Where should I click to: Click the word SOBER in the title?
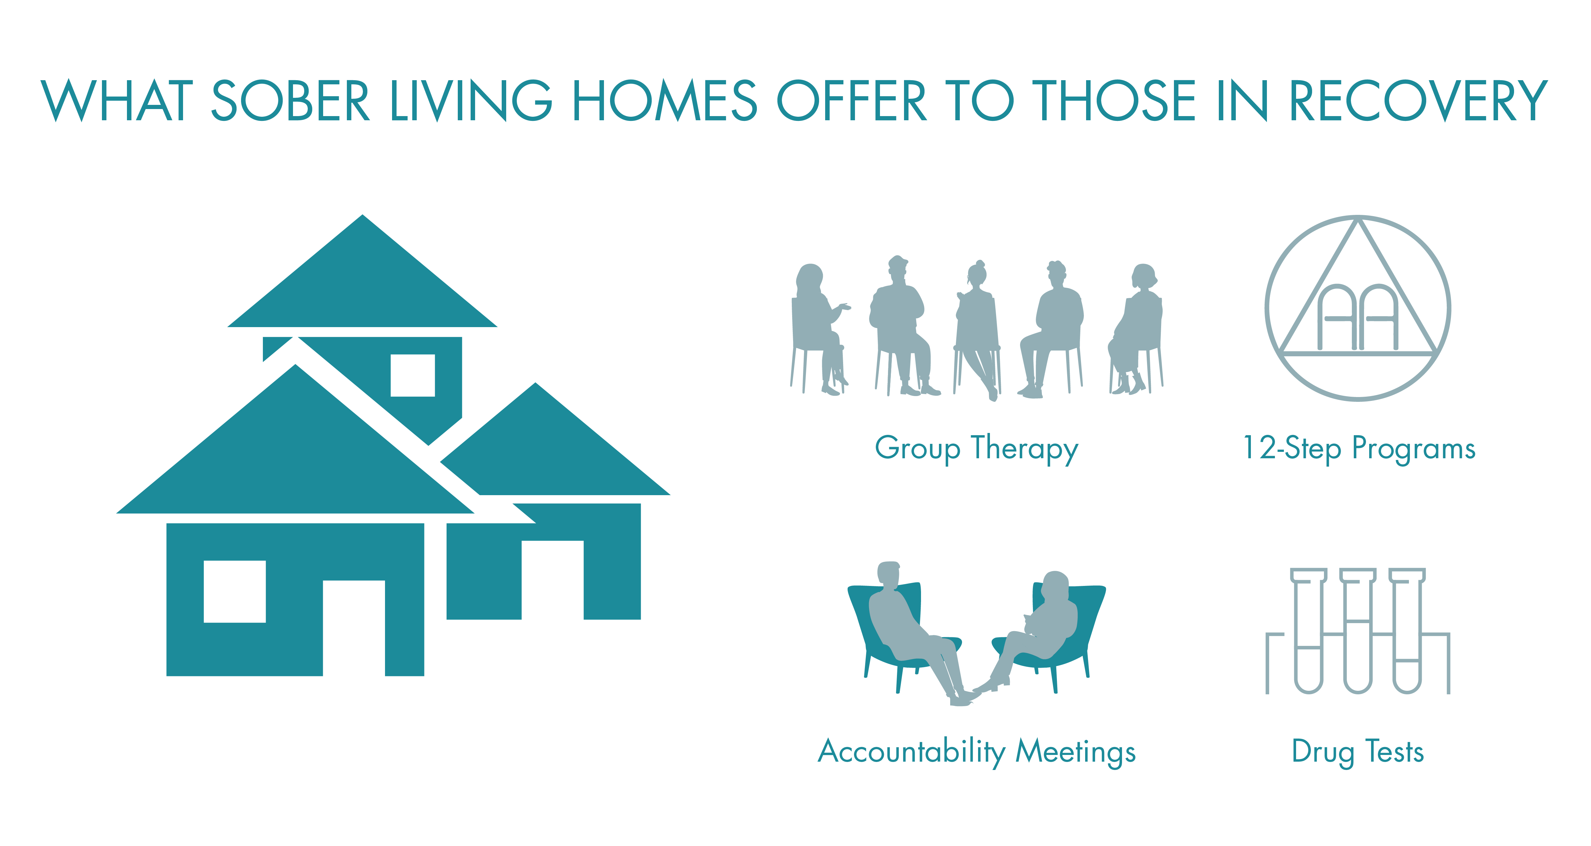[x=290, y=100]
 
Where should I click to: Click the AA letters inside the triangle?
[x=1358, y=317]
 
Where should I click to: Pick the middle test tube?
[x=1358, y=630]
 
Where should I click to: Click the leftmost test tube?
[x=1308, y=630]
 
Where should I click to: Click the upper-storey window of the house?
[x=413, y=375]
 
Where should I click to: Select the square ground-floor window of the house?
[x=235, y=591]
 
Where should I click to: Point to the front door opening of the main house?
[x=354, y=628]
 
